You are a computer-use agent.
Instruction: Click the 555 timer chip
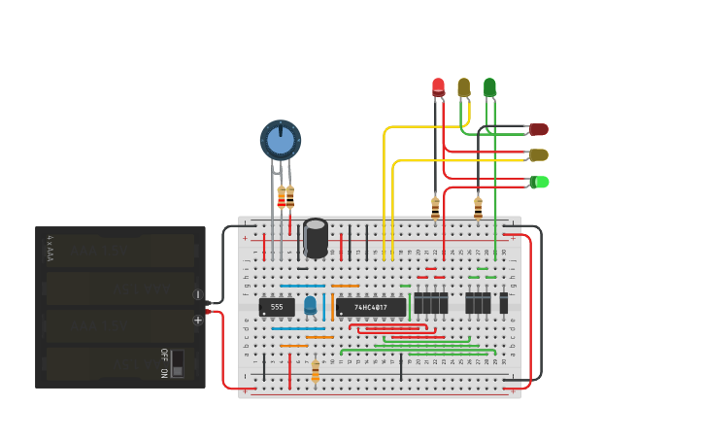pyautogui.click(x=277, y=307)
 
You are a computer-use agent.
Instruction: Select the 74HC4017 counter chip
pyautogui.click(x=371, y=307)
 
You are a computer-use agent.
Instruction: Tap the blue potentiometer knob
pyautogui.click(x=281, y=140)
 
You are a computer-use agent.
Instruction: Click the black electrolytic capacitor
pyautogui.click(x=316, y=238)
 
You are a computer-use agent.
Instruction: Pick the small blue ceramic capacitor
pyautogui.click(x=310, y=305)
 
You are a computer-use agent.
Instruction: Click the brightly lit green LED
pyautogui.click(x=540, y=182)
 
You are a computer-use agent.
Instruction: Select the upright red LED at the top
pyautogui.click(x=438, y=87)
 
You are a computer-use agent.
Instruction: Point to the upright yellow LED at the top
pyautogui.click(x=464, y=87)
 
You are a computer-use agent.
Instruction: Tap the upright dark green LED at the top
pyautogui.click(x=489, y=87)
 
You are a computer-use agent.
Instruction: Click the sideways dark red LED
pyautogui.click(x=539, y=129)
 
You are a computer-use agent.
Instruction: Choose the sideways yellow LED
pyautogui.click(x=539, y=154)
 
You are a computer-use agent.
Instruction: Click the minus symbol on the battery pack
pyautogui.click(x=198, y=294)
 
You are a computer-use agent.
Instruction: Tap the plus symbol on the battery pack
pyautogui.click(x=198, y=320)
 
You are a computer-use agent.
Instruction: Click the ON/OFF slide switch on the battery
pyautogui.click(x=177, y=362)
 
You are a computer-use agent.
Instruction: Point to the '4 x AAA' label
pyautogui.click(x=50, y=249)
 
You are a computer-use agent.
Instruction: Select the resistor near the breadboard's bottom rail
pyautogui.click(x=315, y=370)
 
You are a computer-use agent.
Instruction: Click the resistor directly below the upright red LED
pyautogui.click(x=435, y=206)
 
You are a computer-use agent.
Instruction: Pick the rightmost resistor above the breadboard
pyautogui.click(x=478, y=206)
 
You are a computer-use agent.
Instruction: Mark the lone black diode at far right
pyautogui.click(x=503, y=304)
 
